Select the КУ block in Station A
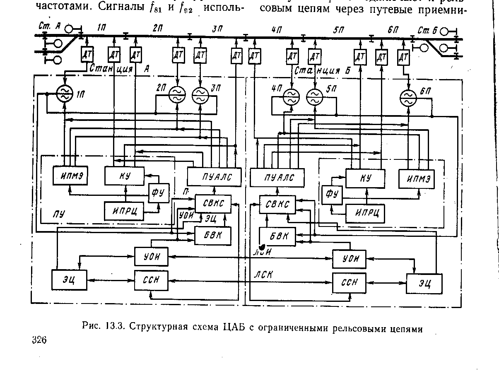pyautogui.click(x=124, y=176)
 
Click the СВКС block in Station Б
pyautogui.click(x=278, y=205)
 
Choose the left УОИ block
pyautogui.click(x=151, y=257)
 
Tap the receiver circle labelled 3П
pyautogui.click(x=201, y=96)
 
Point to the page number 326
pyautogui.click(x=40, y=340)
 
